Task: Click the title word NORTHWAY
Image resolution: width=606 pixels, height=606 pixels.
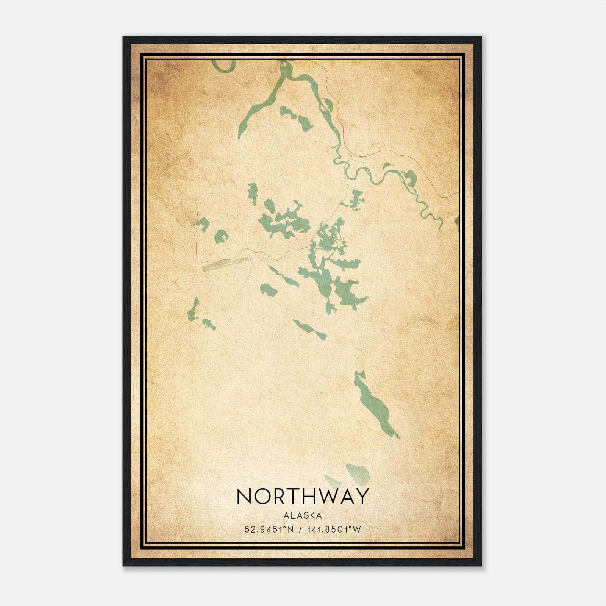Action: [302, 496]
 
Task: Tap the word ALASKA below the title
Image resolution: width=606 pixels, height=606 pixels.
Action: [302, 515]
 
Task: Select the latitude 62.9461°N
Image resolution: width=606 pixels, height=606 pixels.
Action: [269, 529]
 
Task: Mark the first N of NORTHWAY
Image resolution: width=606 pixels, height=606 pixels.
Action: [243, 496]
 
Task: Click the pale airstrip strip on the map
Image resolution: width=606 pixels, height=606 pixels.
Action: [225, 264]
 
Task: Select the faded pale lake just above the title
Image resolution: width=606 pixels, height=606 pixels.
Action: [358, 473]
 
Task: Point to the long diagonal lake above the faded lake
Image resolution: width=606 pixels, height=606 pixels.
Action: [375, 405]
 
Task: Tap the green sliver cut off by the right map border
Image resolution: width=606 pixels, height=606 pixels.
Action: [457, 223]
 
